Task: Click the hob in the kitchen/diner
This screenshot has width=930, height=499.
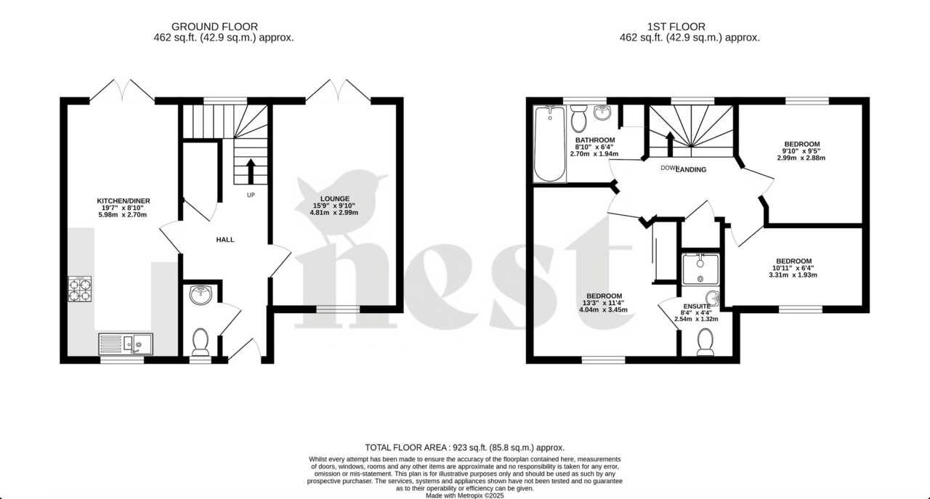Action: coord(80,289)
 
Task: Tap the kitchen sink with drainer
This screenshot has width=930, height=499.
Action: coord(125,344)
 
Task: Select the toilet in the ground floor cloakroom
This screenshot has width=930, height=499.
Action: coord(200,341)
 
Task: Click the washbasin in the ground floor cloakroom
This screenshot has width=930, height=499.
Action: coord(200,295)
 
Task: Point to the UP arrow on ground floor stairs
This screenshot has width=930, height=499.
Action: coord(251,171)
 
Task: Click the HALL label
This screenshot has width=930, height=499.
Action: coord(225,240)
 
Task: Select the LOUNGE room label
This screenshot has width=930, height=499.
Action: coord(336,198)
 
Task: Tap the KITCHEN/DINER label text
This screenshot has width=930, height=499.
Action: coord(124,201)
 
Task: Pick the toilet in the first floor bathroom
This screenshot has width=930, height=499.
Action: coord(579,118)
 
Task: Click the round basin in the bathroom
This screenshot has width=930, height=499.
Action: coord(602,113)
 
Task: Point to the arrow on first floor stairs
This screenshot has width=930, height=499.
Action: coord(670,143)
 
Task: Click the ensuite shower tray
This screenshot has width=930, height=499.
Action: coord(700,268)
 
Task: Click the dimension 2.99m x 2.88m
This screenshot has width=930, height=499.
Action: coord(801,158)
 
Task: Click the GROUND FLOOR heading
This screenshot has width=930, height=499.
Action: coord(224,27)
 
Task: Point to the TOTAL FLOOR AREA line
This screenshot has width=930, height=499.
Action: coord(464,448)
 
